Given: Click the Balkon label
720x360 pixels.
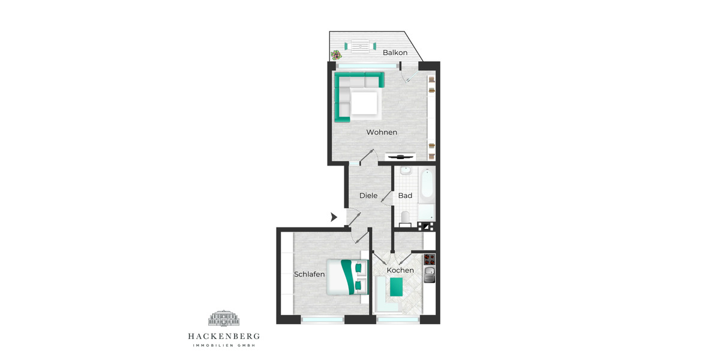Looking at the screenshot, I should pyautogui.click(x=395, y=53).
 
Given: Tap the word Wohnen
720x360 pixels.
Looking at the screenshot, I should pyautogui.click(x=382, y=132).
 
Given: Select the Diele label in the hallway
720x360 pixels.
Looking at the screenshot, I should pyautogui.click(x=368, y=196).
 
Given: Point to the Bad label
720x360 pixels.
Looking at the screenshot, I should pyautogui.click(x=405, y=196).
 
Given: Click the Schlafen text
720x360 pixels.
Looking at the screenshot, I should pyautogui.click(x=309, y=274).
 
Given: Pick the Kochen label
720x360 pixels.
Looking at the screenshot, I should pyautogui.click(x=400, y=271).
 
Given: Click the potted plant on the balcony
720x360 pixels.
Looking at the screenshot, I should pyautogui.click(x=334, y=55).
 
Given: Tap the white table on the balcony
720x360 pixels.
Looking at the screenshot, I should pyautogui.click(x=360, y=46).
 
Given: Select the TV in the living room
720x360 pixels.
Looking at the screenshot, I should pyautogui.click(x=400, y=156).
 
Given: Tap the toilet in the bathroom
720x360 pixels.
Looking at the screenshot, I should pyautogui.click(x=404, y=217).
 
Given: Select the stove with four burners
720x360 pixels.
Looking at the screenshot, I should pyautogui.click(x=429, y=260).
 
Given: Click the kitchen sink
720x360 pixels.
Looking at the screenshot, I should pyautogui.click(x=429, y=275).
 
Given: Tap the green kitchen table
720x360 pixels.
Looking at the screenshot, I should pyautogui.click(x=397, y=288).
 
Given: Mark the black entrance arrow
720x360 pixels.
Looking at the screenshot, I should pyautogui.click(x=334, y=217).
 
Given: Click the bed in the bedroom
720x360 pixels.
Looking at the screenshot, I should pyautogui.click(x=345, y=277).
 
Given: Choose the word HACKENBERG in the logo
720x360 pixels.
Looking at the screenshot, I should pyautogui.click(x=224, y=337).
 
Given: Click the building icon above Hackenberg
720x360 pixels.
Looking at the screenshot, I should pyautogui.click(x=224, y=319).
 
